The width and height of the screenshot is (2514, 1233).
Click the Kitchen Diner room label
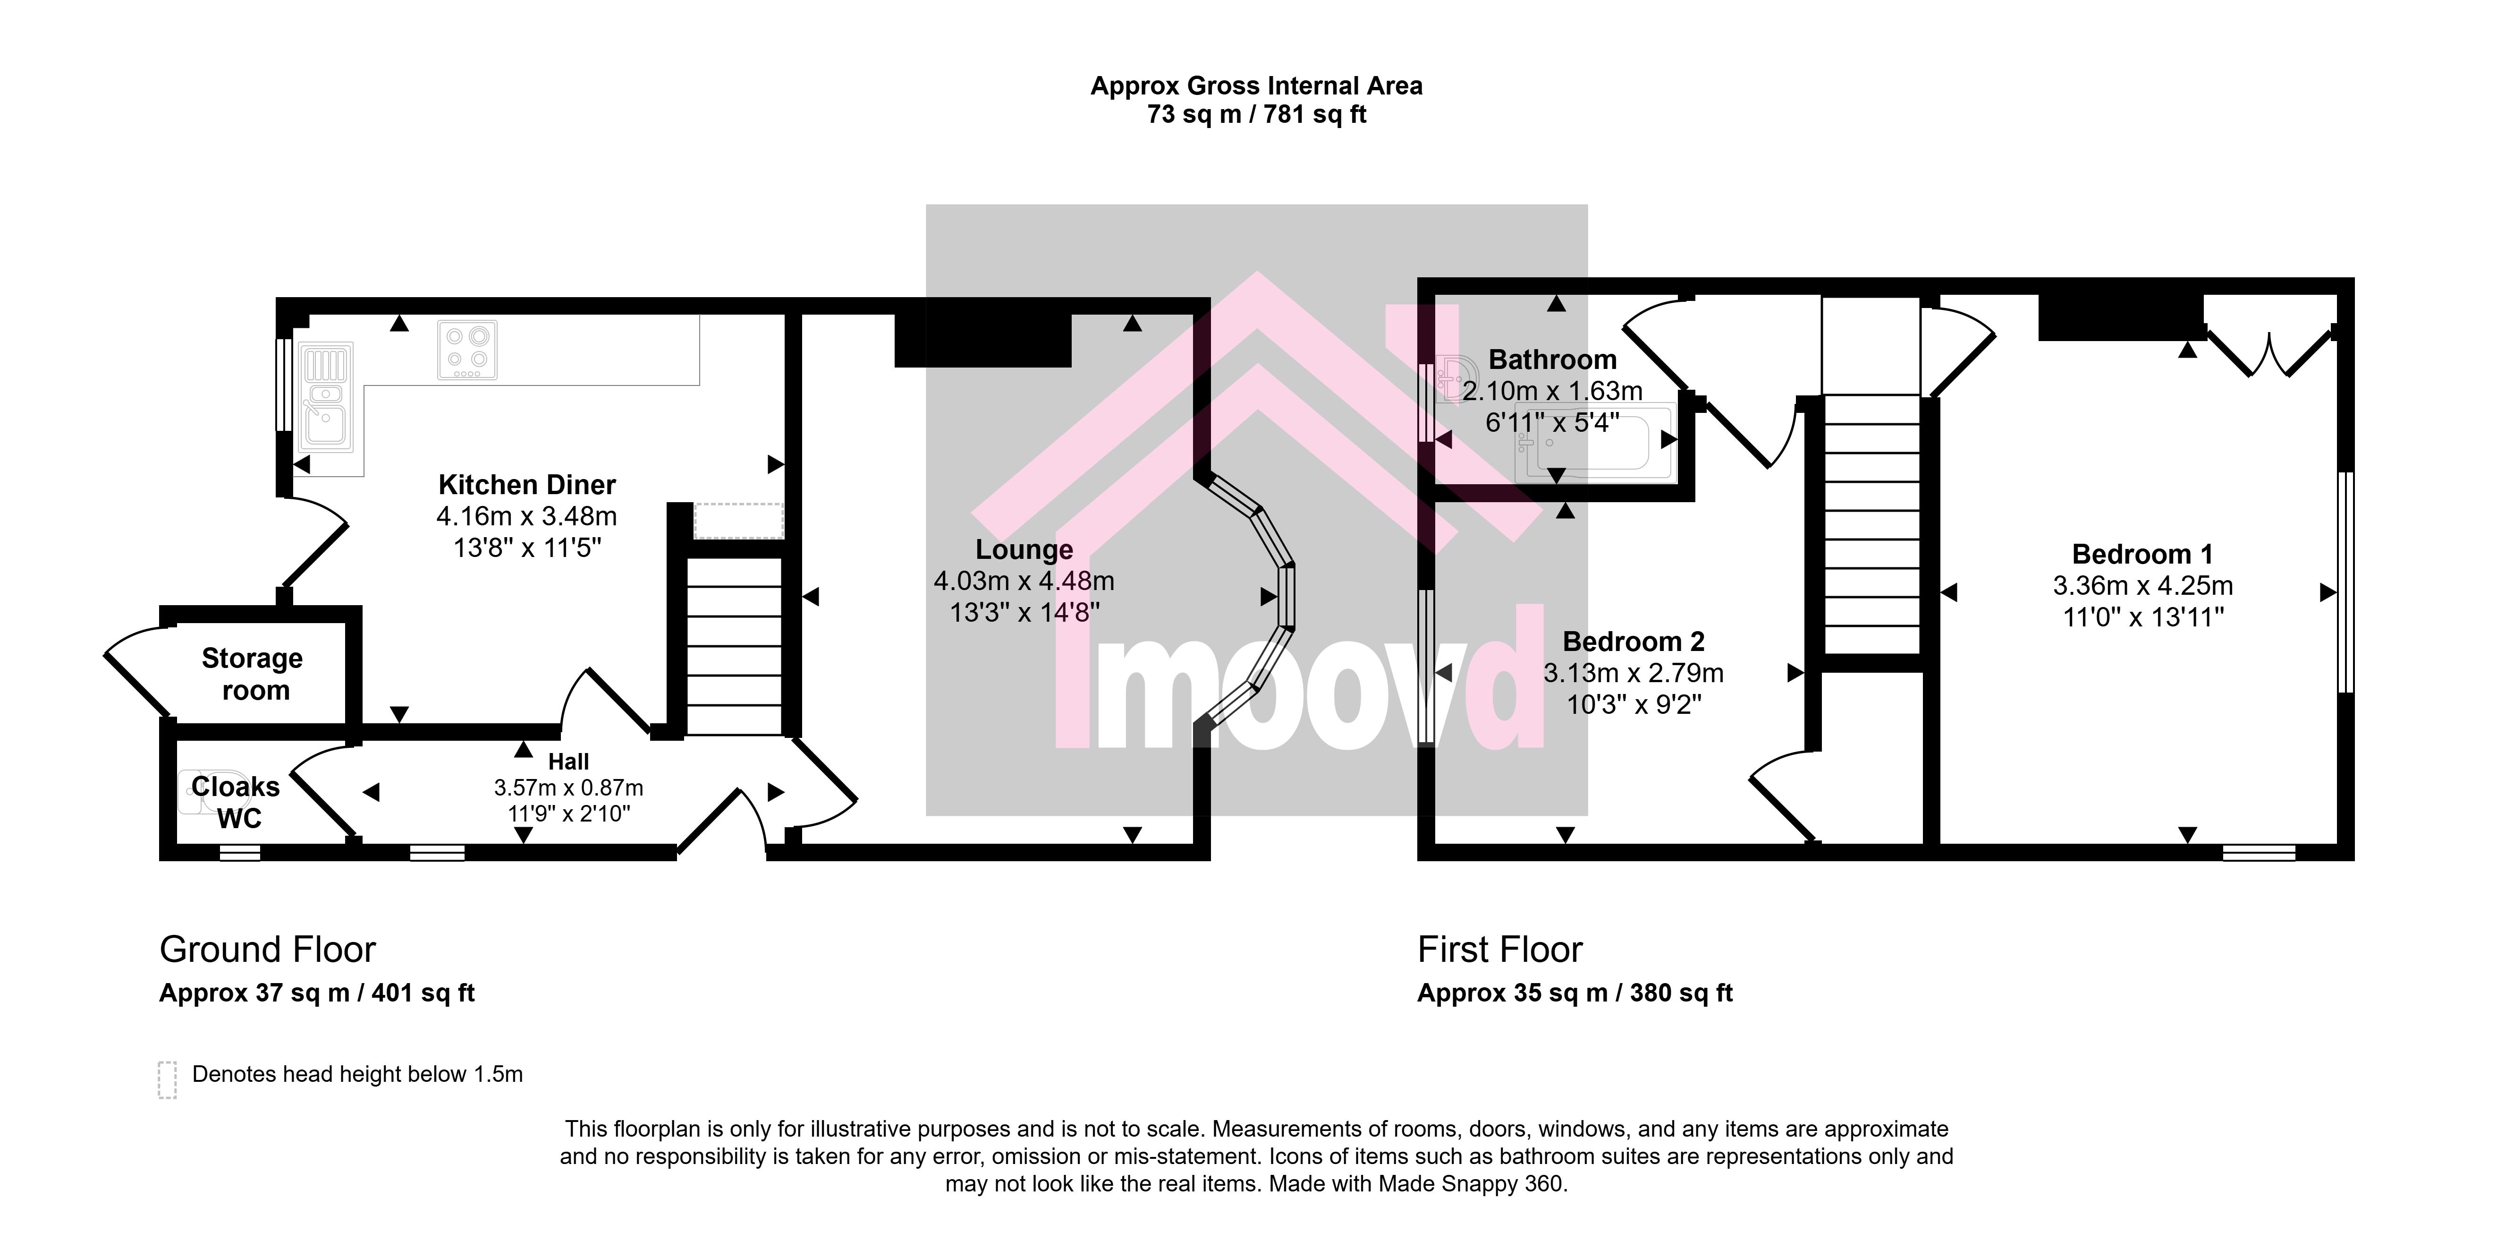point(527,485)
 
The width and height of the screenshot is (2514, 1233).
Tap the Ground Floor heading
point(267,949)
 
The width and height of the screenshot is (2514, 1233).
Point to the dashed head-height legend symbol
point(167,1080)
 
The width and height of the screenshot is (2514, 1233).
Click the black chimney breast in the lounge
point(983,340)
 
